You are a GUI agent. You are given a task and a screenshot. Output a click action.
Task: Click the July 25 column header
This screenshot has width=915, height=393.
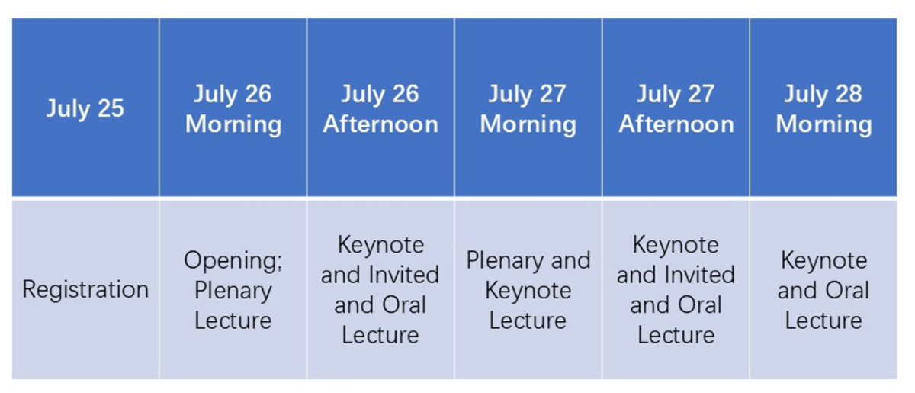click(85, 107)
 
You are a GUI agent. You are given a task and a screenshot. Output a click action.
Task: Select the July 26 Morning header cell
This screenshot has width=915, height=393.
click(233, 107)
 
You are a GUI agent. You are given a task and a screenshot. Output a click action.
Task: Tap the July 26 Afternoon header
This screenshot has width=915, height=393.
click(380, 107)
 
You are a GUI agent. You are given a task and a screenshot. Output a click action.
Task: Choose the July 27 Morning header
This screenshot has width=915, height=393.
click(528, 107)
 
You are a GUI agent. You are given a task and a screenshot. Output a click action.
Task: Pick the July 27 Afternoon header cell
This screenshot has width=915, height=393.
click(676, 107)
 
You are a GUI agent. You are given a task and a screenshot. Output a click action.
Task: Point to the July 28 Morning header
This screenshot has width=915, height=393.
click(823, 107)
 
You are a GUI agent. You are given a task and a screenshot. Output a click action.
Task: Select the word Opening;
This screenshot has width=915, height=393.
click(233, 260)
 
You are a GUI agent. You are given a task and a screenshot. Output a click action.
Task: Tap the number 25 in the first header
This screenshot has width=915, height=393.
click(111, 108)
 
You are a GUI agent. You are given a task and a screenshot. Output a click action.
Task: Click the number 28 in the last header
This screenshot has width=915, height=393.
click(849, 94)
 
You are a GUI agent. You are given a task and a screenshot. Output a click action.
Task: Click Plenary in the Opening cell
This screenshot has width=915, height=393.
click(233, 291)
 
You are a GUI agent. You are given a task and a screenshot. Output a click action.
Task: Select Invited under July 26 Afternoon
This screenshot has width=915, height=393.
click(403, 275)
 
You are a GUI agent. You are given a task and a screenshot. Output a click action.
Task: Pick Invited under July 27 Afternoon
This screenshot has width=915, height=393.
click(699, 275)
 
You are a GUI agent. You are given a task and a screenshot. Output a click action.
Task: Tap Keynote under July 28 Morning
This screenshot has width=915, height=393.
click(824, 260)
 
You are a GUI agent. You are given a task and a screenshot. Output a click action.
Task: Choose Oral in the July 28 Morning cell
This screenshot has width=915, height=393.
click(847, 290)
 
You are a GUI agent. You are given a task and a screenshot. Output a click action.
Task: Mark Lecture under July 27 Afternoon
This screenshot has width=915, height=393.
click(676, 335)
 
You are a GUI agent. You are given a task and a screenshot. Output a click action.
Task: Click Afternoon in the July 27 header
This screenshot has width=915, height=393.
click(676, 124)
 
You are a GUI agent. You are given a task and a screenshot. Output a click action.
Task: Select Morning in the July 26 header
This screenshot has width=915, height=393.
click(233, 125)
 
